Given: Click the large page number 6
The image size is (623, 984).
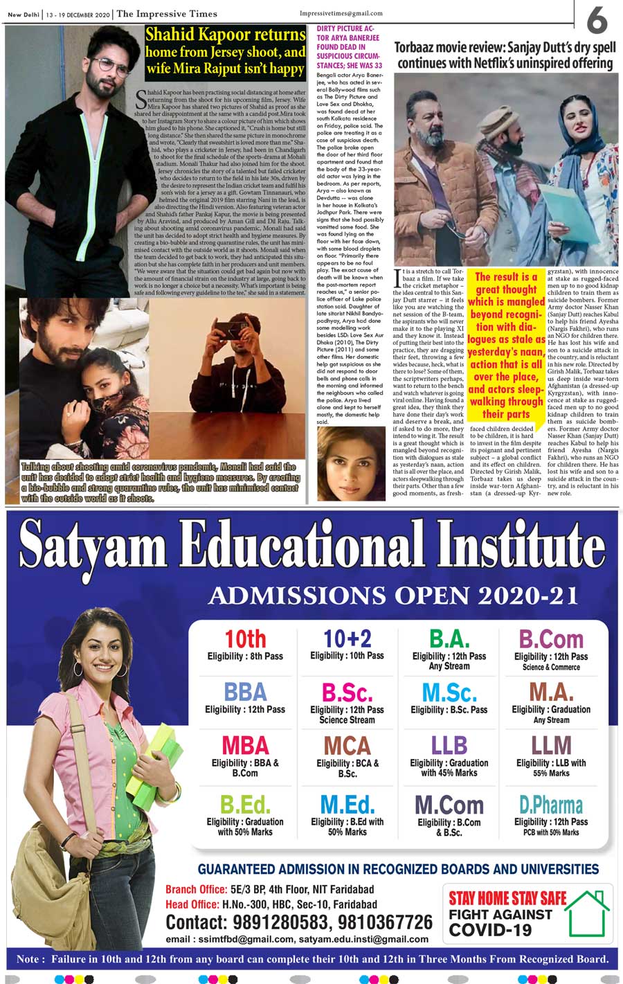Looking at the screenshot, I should [597, 20].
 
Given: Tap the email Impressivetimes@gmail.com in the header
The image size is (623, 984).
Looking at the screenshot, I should [341, 14].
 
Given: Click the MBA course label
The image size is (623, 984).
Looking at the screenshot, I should [245, 745].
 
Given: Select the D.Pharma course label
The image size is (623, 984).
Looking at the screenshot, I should [551, 805].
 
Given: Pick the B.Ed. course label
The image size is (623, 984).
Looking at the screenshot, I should [244, 805].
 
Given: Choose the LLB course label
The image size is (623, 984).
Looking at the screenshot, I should [449, 745].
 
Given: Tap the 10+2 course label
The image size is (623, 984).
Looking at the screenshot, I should [347, 638].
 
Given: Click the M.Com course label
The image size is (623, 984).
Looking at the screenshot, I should [449, 805].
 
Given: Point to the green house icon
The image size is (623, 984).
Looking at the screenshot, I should [587, 911].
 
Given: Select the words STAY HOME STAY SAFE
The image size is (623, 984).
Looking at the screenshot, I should [507, 899].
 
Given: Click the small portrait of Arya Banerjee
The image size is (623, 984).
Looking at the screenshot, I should [351, 463].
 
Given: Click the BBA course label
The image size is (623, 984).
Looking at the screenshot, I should [245, 692].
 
